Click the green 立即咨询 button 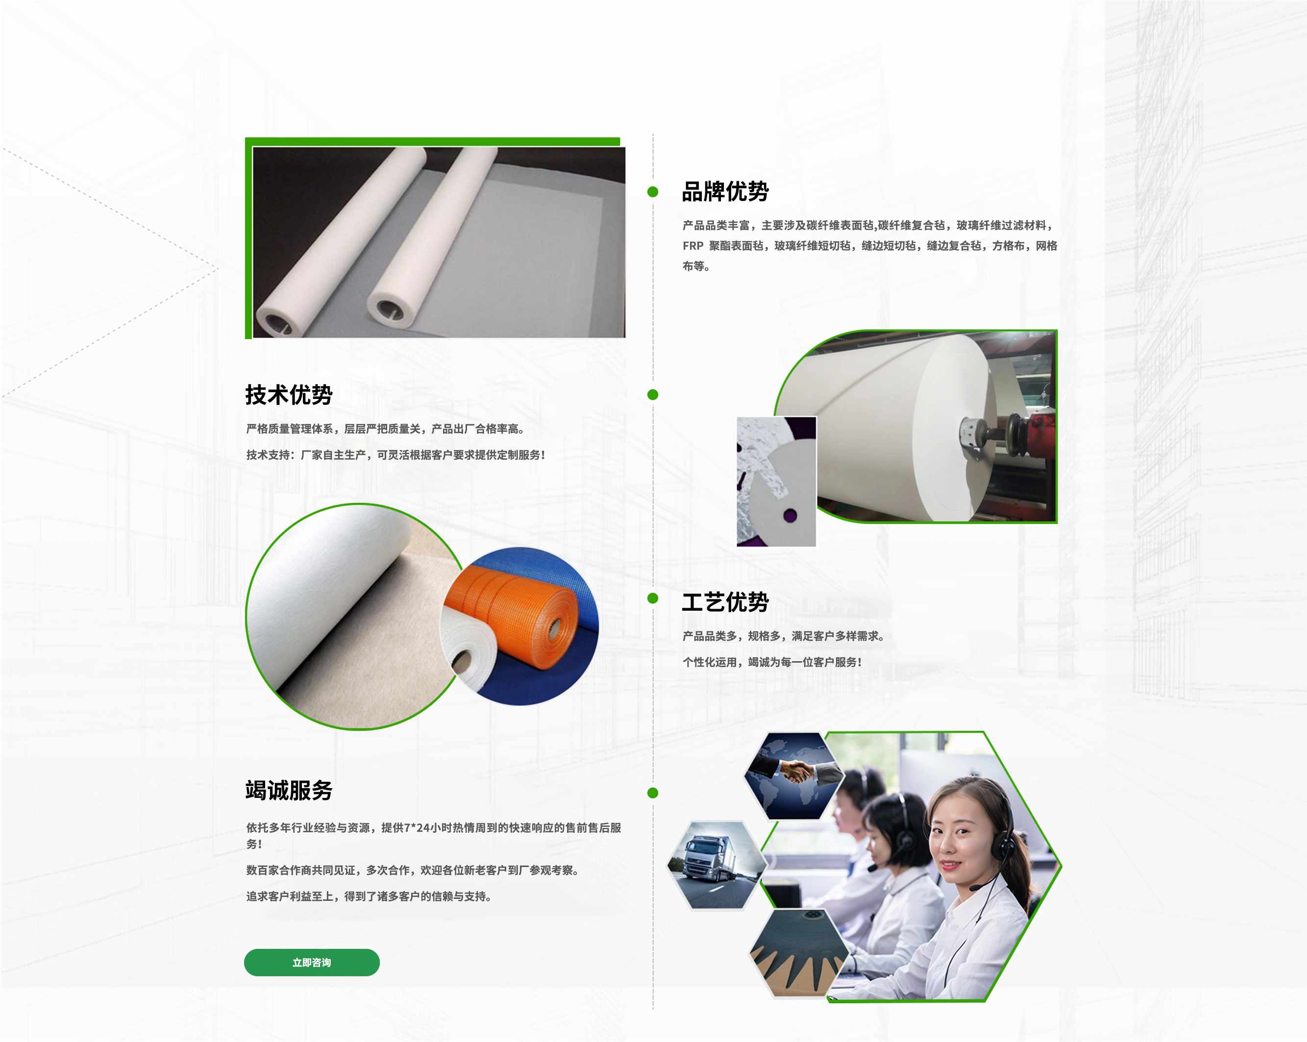(x=312, y=962)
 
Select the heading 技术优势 (x=289, y=395)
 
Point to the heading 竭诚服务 (x=289, y=791)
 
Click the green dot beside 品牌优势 (x=653, y=192)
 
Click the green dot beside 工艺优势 (x=653, y=598)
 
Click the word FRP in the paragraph (x=693, y=246)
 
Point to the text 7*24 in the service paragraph (x=417, y=827)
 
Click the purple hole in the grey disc (x=790, y=516)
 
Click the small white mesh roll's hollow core (x=463, y=662)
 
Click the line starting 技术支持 (x=395, y=455)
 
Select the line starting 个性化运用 (x=772, y=662)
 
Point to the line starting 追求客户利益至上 (x=369, y=896)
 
